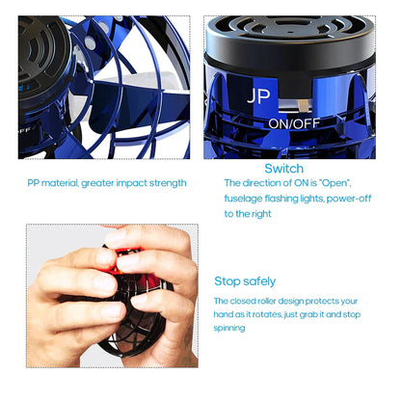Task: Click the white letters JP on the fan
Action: (x=258, y=97)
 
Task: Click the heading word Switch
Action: (x=283, y=168)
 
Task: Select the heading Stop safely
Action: (x=245, y=281)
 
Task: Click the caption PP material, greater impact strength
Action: (x=106, y=182)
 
